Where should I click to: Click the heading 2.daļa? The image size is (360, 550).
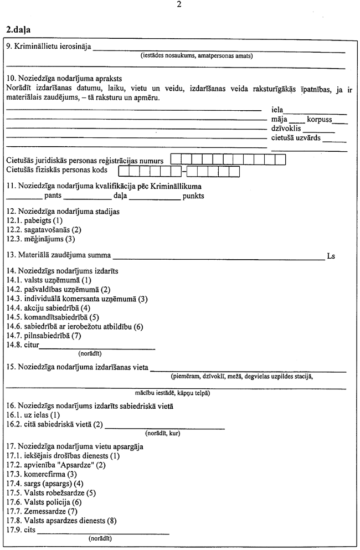(18, 29)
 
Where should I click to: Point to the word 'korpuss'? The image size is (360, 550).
(320, 120)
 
